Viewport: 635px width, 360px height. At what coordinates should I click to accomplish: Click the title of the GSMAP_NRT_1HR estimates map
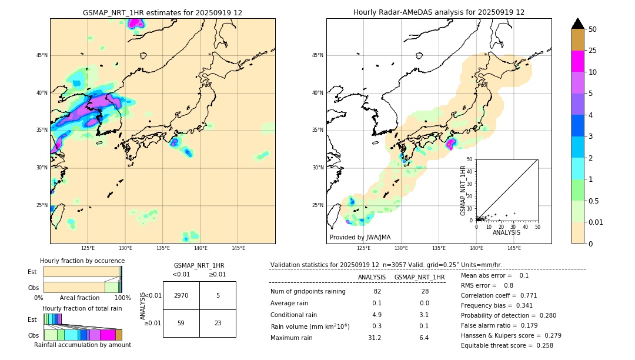[162, 12]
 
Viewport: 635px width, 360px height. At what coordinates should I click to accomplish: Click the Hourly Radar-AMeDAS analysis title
[439, 12]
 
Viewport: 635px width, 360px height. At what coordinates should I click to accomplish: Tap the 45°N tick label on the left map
[42, 55]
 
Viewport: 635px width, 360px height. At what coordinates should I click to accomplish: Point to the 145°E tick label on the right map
[514, 248]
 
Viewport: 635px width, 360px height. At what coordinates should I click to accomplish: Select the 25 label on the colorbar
[593, 51]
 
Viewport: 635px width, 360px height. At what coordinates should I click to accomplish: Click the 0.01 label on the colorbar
[596, 222]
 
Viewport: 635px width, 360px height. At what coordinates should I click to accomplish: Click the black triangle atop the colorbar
[578, 24]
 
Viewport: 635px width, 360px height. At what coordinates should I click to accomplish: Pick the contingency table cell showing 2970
[181, 295]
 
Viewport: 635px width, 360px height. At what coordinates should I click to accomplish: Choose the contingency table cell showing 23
[218, 323]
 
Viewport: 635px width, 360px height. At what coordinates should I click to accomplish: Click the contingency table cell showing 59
[181, 323]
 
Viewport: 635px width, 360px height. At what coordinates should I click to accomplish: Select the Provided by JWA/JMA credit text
[360, 238]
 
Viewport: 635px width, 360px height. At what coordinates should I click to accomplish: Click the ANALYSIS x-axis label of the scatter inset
[506, 232]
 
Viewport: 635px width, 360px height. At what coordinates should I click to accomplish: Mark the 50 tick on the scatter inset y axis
[470, 159]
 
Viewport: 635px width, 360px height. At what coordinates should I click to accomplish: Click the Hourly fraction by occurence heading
[82, 261]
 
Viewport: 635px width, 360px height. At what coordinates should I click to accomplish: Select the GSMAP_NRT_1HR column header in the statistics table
[419, 277]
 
